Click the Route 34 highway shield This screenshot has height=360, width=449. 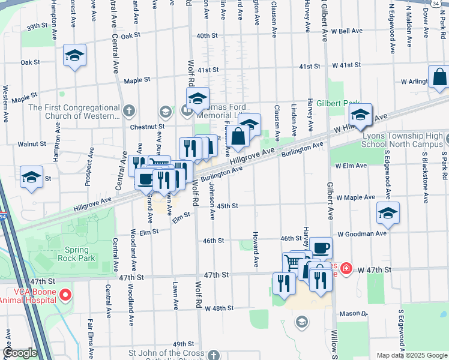[x=436, y=3]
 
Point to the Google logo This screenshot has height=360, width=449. [x=20, y=353]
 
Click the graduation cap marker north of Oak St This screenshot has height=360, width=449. [x=74, y=56]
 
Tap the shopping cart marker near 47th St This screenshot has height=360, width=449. [x=293, y=262]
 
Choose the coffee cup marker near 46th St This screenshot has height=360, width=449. [x=321, y=247]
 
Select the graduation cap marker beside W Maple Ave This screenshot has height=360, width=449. [x=388, y=213]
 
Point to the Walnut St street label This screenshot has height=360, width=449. [x=32, y=144]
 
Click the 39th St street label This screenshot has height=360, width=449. [x=37, y=26]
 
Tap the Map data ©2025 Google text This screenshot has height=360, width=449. [x=411, y=355]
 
